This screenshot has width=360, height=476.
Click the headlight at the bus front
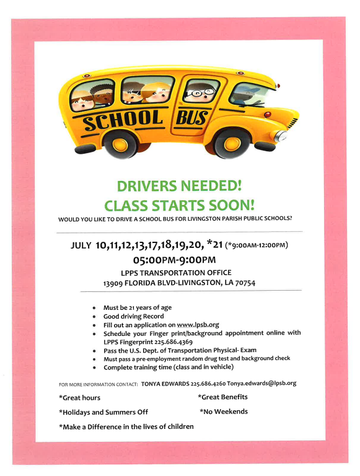click(x=281, y=136)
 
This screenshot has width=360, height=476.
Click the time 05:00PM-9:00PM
click(x=178, y=259)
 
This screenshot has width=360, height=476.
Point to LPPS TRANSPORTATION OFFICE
click(x=176, y=272)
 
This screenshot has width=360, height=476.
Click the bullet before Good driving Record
click(x=93, y=316)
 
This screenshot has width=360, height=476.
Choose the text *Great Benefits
click(x=222, y=397)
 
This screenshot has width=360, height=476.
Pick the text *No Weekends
click(x=224, y=411)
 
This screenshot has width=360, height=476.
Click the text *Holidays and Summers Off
click(x=103, y=412)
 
